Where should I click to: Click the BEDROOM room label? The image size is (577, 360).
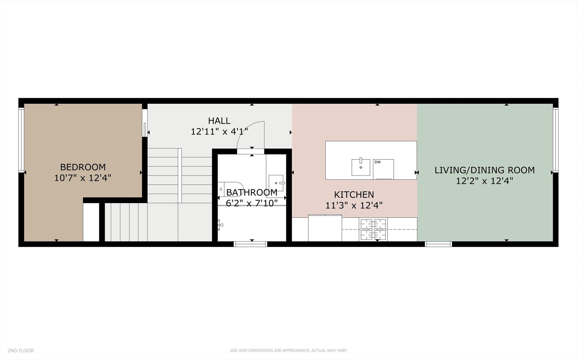[x=83, y=167]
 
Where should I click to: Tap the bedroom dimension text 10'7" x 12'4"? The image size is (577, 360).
[x=83, y=178]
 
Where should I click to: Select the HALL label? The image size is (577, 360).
[x=219, y=121]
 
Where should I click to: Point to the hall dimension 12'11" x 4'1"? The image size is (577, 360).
[x=219, y=132]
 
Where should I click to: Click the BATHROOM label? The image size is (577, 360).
[x=252, y=193]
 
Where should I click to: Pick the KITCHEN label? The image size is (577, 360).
[x=354, y=195]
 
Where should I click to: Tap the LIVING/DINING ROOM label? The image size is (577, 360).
[x=484, y=170]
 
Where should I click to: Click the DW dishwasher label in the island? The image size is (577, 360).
[x=377, y=162]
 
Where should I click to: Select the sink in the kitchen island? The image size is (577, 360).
[x=361, y=167]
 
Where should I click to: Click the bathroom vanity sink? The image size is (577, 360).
[x=276, y=183]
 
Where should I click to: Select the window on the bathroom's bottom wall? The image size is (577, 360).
[x=251, y=244]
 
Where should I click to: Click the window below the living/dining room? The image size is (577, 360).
[x=438, y=244]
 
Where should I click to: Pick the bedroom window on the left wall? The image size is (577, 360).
[x=21, y=140]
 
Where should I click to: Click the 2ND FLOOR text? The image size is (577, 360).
[x=21, y=351]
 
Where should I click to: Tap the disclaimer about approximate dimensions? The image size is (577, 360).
[x=288, y=351]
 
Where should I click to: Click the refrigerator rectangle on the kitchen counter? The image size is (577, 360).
[x=325, y=228]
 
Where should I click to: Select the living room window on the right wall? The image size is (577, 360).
[x=555, y=140]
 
